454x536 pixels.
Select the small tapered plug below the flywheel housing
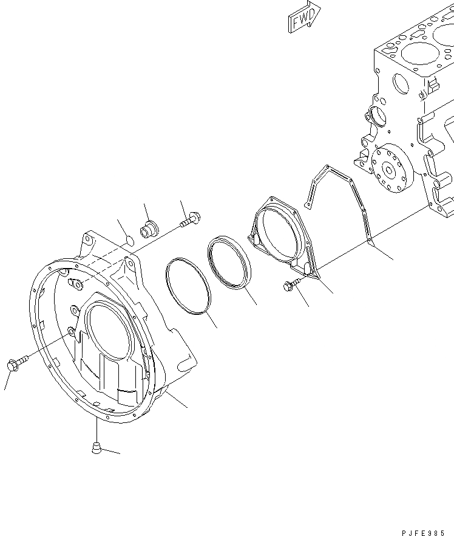coord(96,448)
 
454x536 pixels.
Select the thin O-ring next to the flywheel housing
coord(189,286)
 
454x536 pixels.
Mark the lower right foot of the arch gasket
coord(370,244)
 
